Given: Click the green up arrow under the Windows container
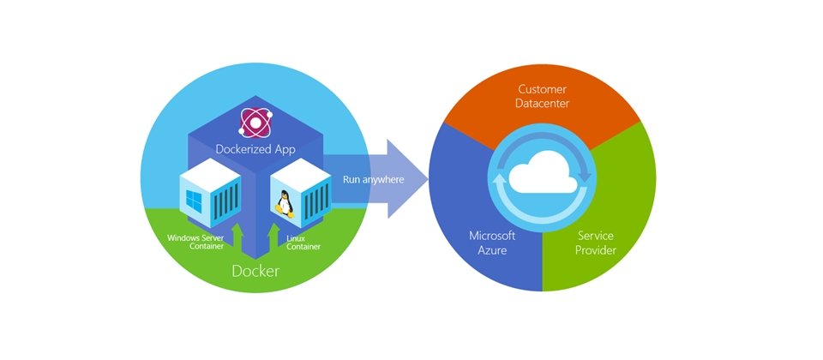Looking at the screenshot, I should coord(237,237).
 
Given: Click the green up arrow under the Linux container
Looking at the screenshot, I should coord(273,237).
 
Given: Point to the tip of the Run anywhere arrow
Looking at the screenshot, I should coord(428,179).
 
